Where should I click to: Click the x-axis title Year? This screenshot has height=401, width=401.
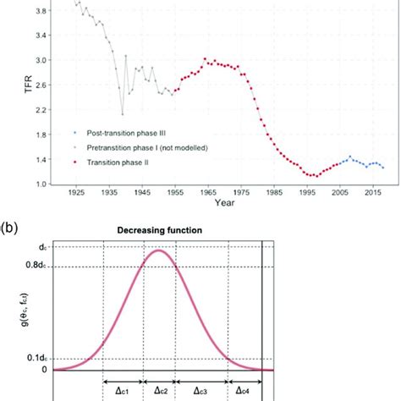[x=225, y=204]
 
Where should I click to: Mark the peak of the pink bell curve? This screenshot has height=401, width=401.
[x=157, y=250]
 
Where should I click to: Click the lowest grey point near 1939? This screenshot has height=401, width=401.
[x=122, y=113]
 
